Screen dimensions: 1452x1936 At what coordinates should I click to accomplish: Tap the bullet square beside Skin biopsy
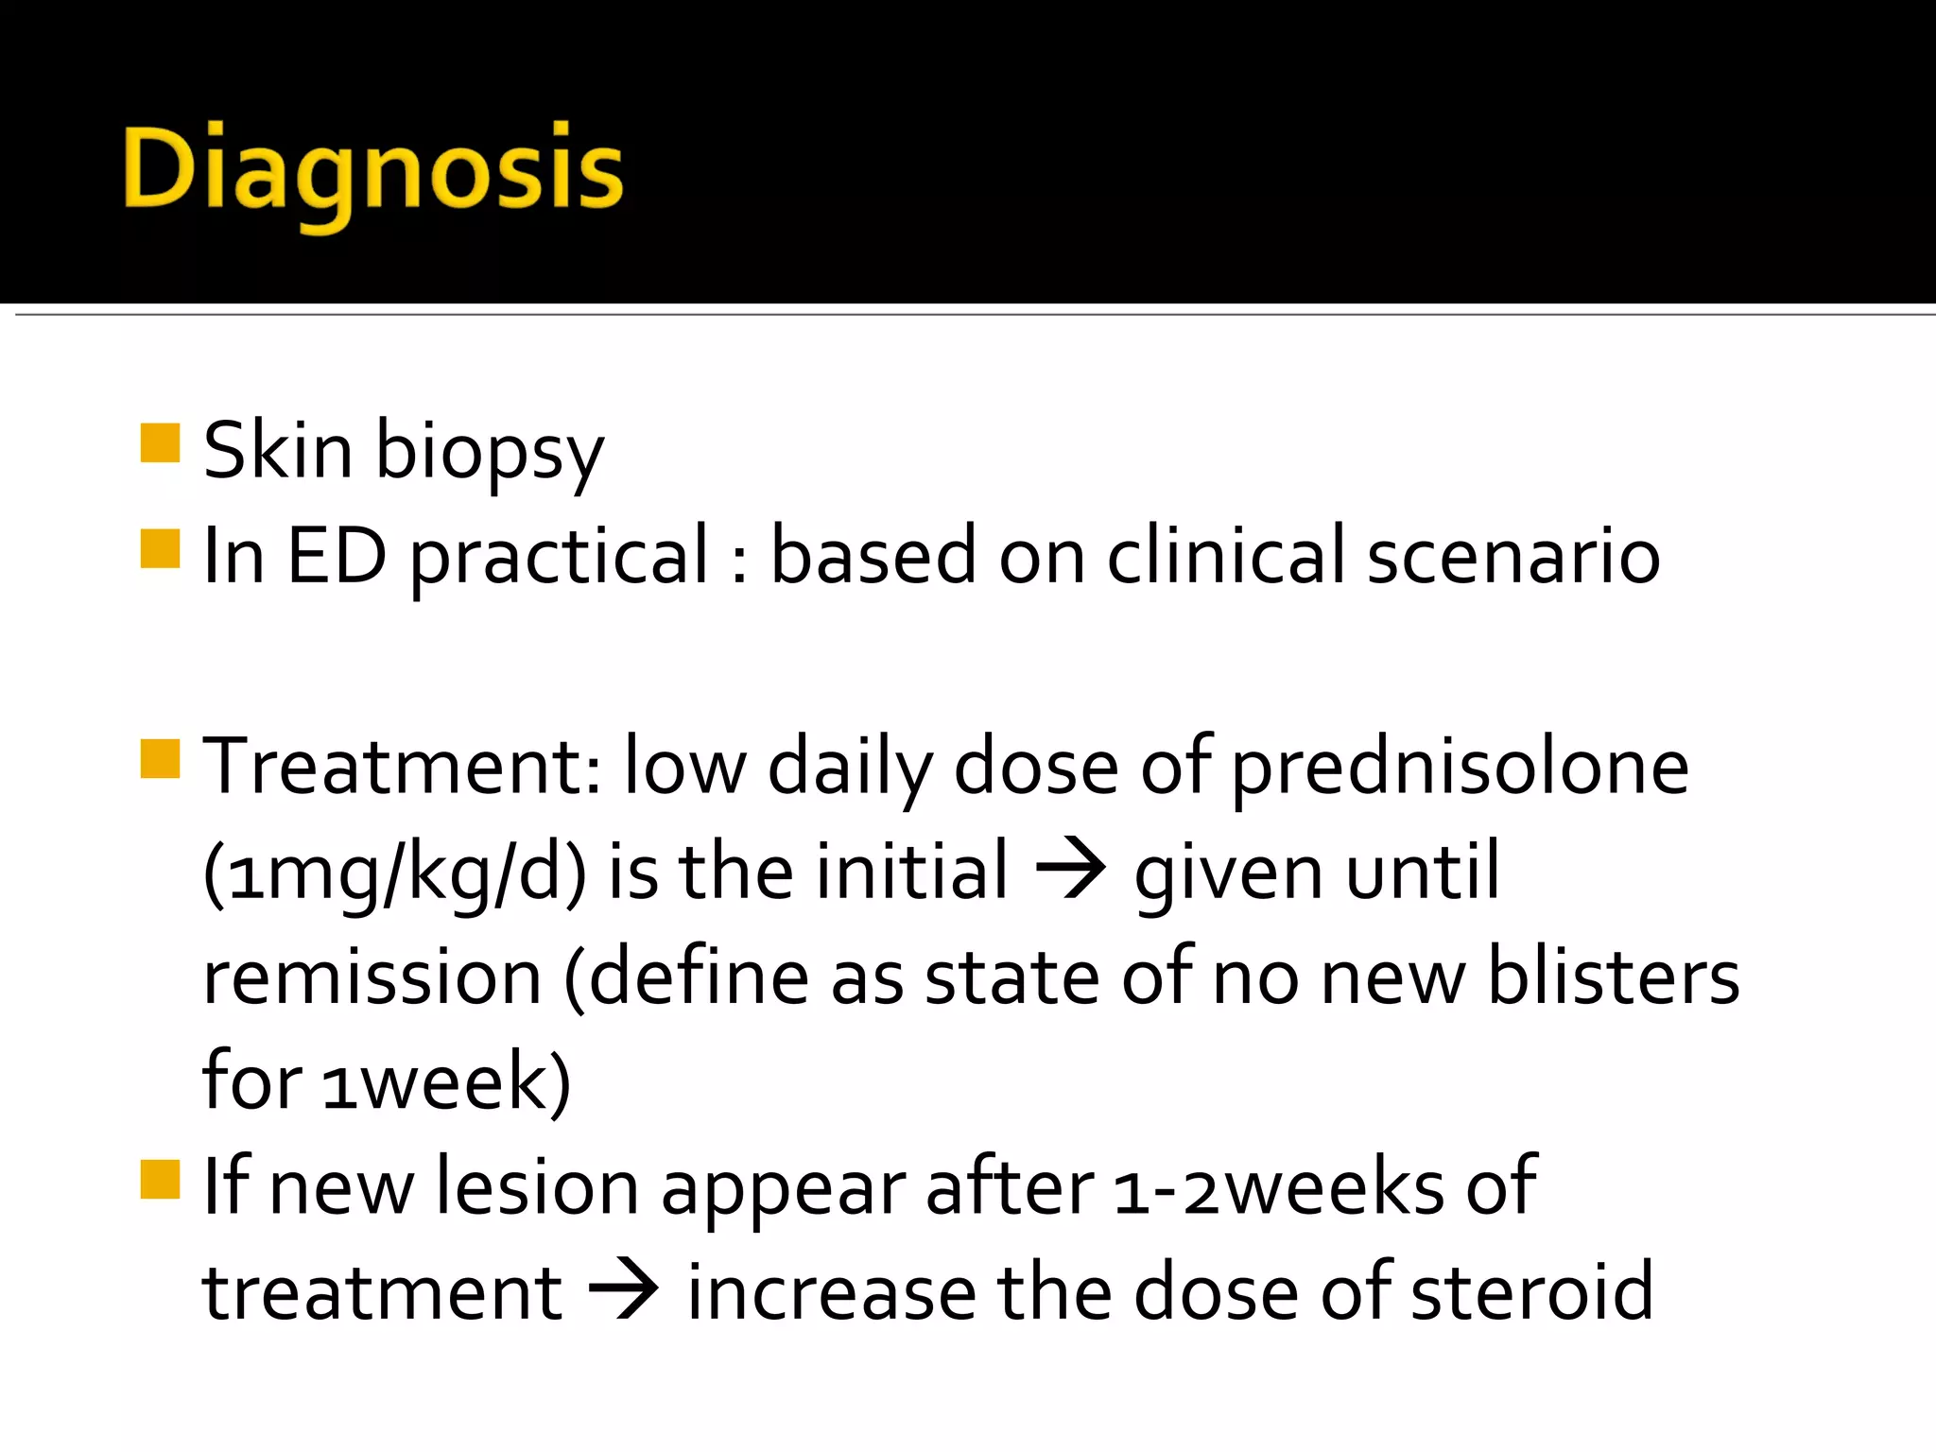[160, 443]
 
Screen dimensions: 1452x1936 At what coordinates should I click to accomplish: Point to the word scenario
[1512, 556]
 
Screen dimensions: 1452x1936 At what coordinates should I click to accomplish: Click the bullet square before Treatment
[160, 759]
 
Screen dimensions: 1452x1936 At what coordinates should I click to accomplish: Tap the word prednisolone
[1460, 768]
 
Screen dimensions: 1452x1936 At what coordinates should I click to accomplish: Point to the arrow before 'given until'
[1070, 869]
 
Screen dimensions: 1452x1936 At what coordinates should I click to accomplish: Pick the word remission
[372, 977]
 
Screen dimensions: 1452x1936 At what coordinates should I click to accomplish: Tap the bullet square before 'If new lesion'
[160, 1180]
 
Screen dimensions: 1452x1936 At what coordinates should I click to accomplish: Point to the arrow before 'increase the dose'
[623, 1290]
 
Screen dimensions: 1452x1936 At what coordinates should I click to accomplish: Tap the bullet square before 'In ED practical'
[160, 549]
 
